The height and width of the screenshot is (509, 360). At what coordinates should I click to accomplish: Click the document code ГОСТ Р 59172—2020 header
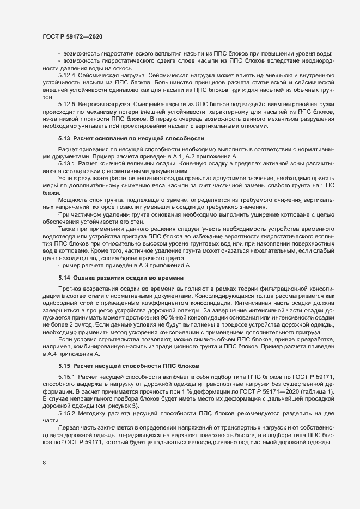coord(71,36)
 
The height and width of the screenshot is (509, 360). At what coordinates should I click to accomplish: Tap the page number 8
coord(44,463)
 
